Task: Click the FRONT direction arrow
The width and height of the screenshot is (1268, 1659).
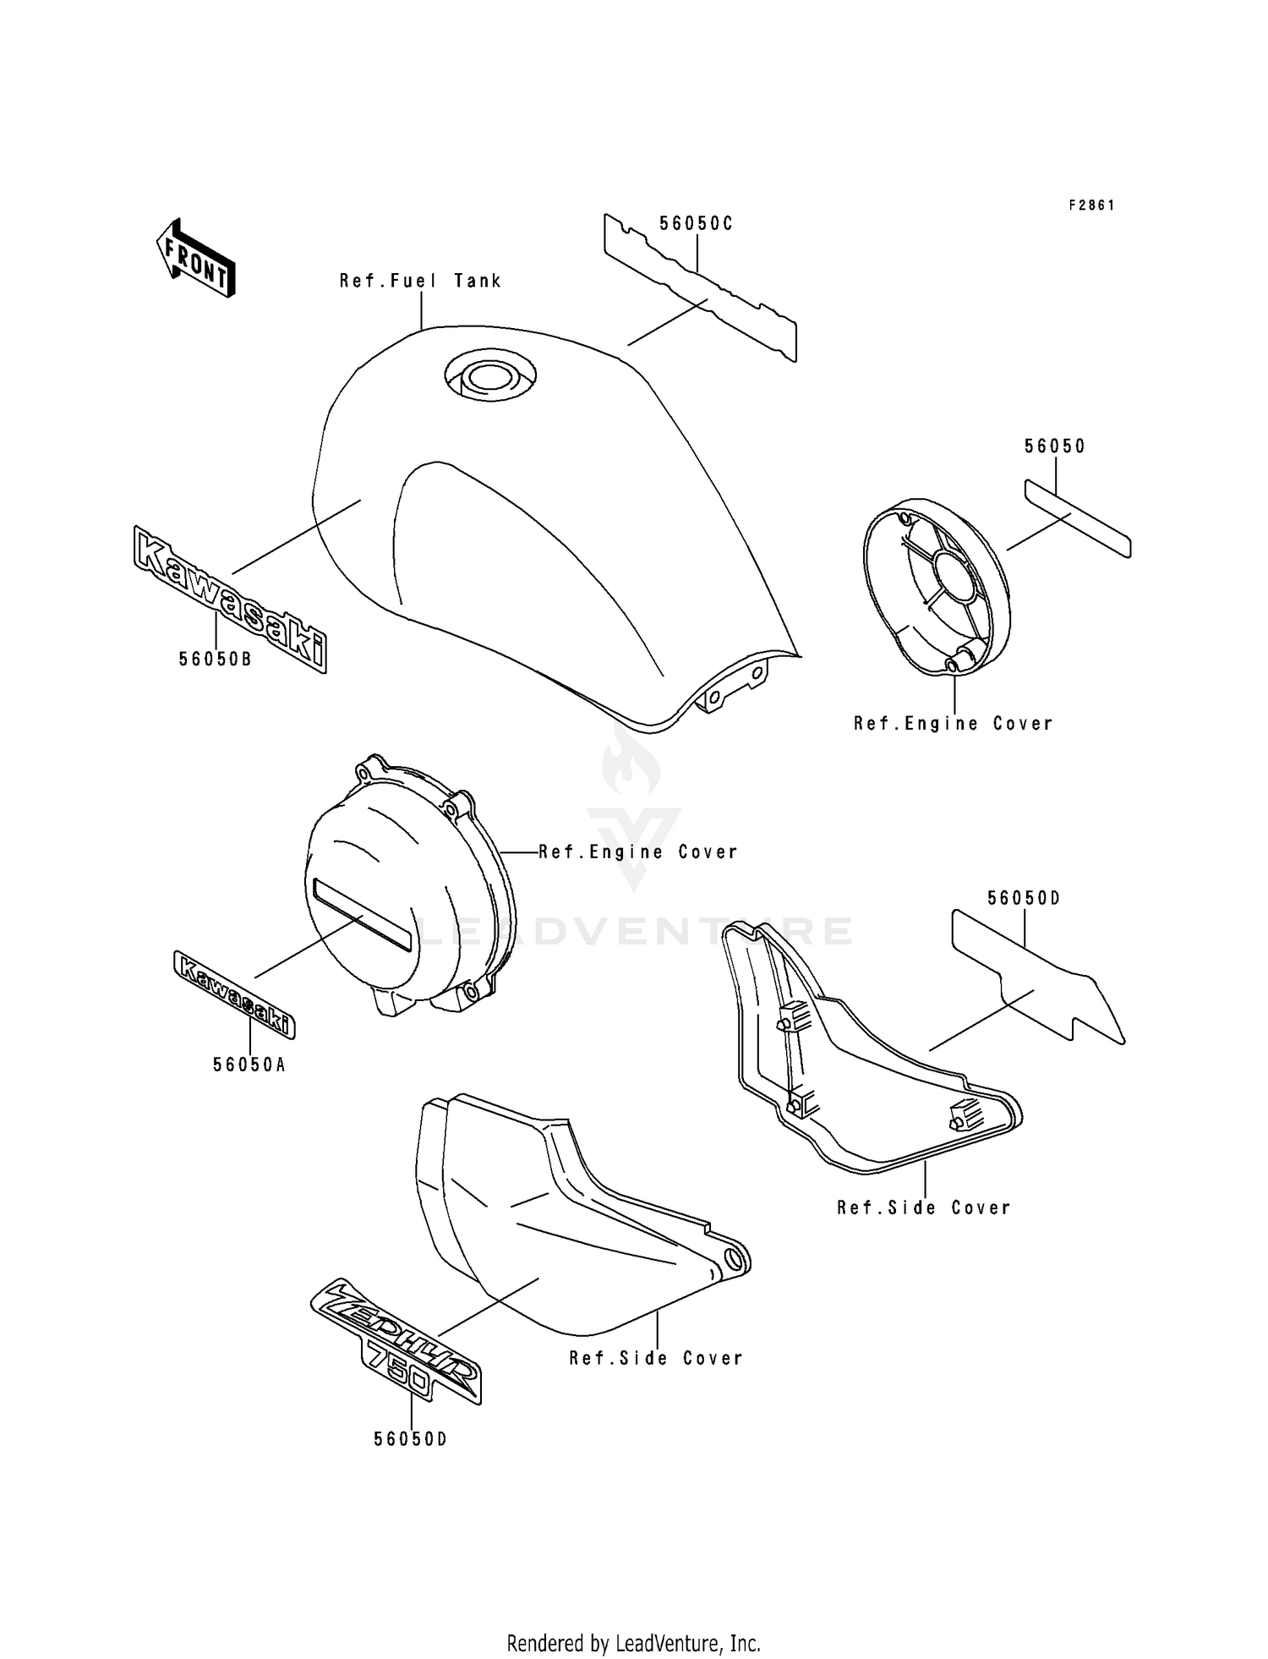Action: tap(195, 258)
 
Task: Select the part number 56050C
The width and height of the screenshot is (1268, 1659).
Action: tap(696, 223)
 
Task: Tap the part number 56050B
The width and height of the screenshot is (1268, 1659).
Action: tap(215, 659)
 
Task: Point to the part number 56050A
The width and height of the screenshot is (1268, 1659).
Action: tap(249, 1065)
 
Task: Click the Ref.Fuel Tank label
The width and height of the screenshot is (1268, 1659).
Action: tap(420, 281)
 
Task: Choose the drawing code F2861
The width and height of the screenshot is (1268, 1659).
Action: tap(1091, 205)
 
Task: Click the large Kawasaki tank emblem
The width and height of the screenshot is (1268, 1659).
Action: tap(230, 599)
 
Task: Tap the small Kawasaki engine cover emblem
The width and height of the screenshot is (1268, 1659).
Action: tap(234, 994)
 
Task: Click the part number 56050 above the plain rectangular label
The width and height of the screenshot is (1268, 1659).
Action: tap(1055, 446)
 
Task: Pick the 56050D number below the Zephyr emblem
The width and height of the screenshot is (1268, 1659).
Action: tap(411, 1438)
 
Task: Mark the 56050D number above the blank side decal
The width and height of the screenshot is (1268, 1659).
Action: tap(1024, 898)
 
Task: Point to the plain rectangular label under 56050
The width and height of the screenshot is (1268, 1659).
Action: tap(1078, 518)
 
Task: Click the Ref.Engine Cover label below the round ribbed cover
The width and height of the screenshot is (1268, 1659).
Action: tap(954, 723)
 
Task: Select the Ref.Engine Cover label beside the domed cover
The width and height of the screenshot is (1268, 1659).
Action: tap(638, 851)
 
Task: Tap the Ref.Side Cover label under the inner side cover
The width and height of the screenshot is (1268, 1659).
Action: tap(924, 1207)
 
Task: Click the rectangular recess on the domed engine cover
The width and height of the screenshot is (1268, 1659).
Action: tap(362, 913)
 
